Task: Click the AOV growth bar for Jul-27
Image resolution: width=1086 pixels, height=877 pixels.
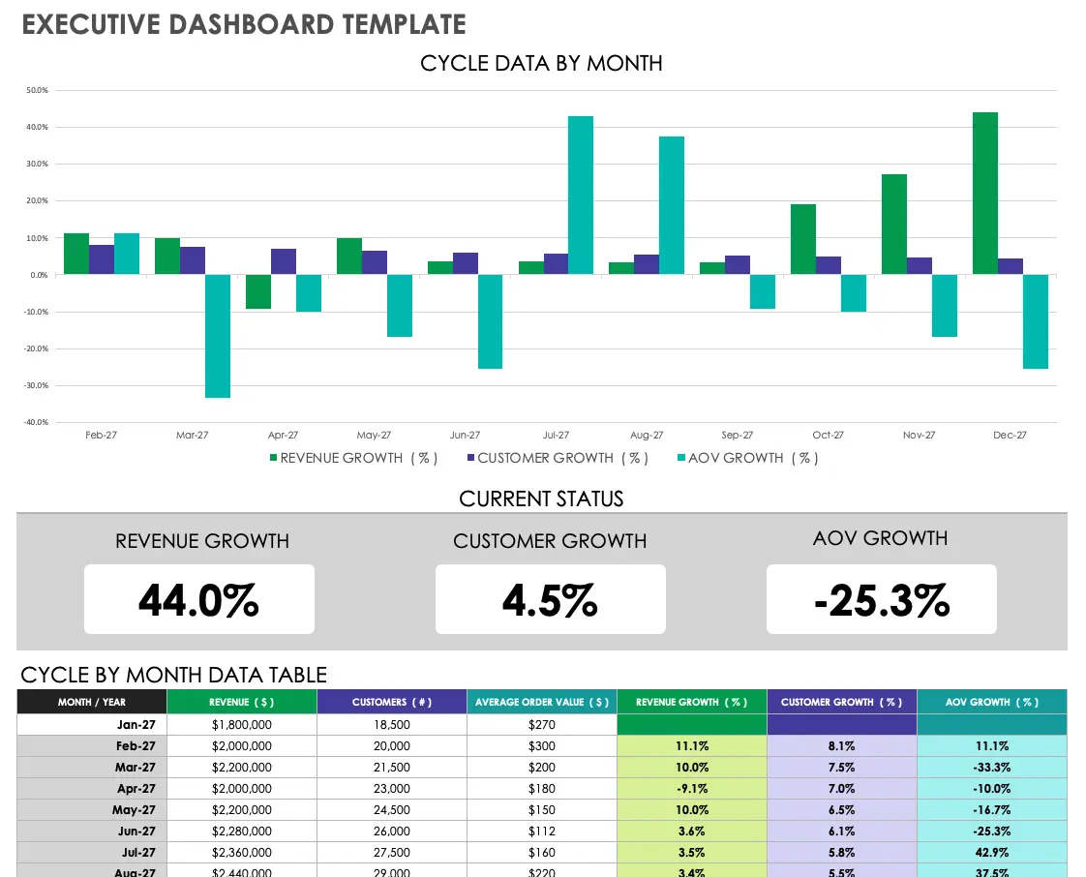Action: click(x=581, y=196)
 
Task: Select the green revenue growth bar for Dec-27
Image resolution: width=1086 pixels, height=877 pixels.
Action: click(x=985, y=194)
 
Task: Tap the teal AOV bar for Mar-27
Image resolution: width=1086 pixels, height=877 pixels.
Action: click(x=218, y=336)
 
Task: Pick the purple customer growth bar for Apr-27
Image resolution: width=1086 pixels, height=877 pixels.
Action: click(x=284, y=261)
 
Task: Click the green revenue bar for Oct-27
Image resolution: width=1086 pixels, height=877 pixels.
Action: click(x=803, y=239)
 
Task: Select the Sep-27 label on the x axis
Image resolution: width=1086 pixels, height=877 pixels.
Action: click(x=738, y=436)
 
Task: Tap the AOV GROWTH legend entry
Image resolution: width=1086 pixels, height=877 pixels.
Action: click(x=747, y=458)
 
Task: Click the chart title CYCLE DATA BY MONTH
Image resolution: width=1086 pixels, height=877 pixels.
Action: click(x=541, y=63)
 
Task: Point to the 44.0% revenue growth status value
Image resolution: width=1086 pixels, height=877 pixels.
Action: click(x=198, y=600)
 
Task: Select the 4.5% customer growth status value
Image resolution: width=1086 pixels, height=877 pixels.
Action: click(x=550, y=600)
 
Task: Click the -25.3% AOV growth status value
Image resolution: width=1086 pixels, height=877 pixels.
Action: click(x=881, y=600)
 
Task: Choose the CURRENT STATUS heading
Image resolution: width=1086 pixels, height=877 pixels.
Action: click(x=541, y=499)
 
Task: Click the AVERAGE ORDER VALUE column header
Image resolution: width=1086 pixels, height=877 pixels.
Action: click(x=541, y=702)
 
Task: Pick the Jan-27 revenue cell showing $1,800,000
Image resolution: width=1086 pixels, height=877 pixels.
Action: click(x=241, y=725)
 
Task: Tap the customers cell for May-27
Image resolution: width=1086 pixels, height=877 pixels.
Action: click(x=392, y=810)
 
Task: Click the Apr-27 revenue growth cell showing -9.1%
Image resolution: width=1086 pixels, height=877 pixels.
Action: click(x=691, y=789)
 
